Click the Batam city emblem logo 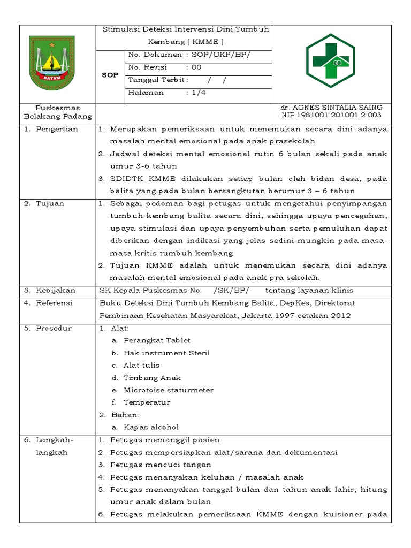[51, 63]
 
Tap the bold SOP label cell [110, 75]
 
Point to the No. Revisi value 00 [196, 67]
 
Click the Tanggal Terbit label [158, 80]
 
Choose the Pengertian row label [57, 129]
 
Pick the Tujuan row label [51, 203]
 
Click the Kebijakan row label [56, 291]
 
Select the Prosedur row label [54, 328]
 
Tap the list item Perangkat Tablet [157, 340]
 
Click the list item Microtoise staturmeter [168, 390]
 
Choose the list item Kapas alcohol [151, 427]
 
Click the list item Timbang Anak [152, 378]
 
